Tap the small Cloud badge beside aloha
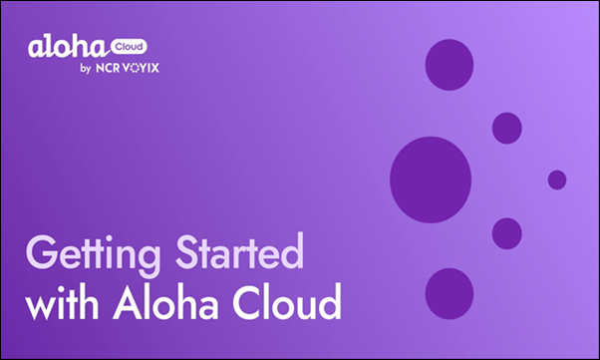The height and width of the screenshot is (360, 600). pos(125,45)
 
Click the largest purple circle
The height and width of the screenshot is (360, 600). pos(431,179)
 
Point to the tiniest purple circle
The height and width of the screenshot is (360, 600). pos(557,180)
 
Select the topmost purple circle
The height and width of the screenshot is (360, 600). pos(450,64)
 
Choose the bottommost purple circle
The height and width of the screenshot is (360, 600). pos(450,293)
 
